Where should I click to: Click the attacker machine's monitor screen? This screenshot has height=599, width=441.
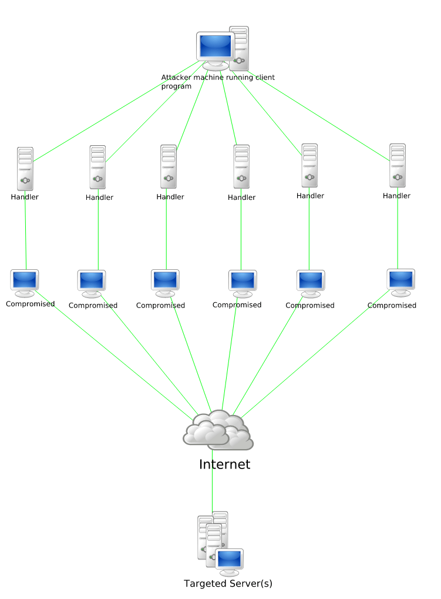(x=215, y=46)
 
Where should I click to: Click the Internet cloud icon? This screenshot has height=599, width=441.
(x=218, y=430)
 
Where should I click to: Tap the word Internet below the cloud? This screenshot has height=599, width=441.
(x=224, y=464)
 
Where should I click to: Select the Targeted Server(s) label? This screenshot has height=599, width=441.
(x=228, y=584)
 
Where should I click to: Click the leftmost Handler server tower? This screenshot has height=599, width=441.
(x=25, y=168)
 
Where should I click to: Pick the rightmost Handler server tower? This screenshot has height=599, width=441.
(x=398, y=165)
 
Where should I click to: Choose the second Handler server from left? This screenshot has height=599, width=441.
(x=97, y=167)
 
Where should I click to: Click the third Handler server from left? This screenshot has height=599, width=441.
(x=169, y=166)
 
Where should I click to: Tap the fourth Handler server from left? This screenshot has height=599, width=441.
(x=241, y=166)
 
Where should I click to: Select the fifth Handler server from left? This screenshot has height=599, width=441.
(x=309, y=165)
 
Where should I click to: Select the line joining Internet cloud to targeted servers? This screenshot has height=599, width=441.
(x=212, y=482)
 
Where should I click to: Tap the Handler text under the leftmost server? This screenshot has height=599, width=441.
(x=25, y=197)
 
